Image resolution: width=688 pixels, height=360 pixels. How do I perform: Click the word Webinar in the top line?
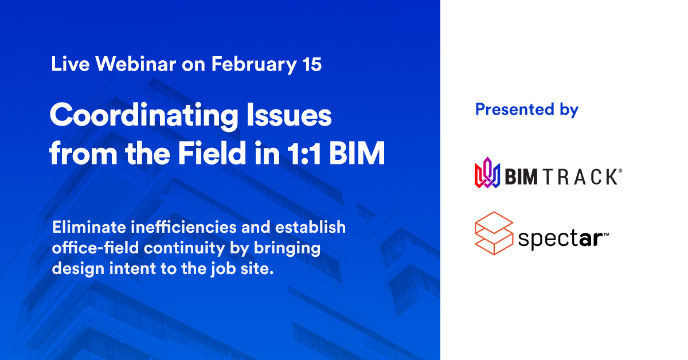[135, 64]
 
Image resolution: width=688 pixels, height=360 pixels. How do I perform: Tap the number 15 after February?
[312, 64]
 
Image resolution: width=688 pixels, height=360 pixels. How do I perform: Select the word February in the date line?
[254, 65]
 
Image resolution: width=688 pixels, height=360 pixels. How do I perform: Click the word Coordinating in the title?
[144, 116]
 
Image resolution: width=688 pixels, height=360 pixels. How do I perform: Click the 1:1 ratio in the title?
[304, 153]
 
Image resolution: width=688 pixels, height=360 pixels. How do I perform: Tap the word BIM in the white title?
[357, 153]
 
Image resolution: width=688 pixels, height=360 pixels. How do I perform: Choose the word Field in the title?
[212, 152]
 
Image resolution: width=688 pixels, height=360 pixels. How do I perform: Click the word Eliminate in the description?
[89, 228]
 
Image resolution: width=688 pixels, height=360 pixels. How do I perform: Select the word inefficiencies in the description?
[183, 228]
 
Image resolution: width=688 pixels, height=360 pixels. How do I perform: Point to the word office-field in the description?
[95, 248]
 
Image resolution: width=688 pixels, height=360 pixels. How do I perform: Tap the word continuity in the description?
[184, 249]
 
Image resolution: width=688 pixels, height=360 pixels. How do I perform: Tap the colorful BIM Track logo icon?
[487, 173]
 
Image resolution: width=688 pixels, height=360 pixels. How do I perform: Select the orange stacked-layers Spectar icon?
[494, 233]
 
